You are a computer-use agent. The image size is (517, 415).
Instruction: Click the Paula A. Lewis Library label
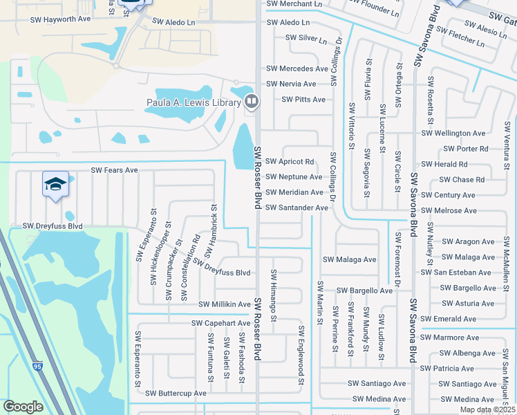[x=193, y=103]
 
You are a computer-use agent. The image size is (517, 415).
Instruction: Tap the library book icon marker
[x=252, y=102]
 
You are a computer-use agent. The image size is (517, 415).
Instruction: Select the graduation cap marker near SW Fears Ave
[x=55, y=184]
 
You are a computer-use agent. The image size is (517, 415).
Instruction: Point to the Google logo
[x=23, y=407]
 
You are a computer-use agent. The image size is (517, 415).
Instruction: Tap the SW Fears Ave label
[x=114, y=170]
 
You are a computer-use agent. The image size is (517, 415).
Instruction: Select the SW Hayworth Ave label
[x=60, y=20]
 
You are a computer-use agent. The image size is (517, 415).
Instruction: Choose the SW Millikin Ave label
[x=225, y=304]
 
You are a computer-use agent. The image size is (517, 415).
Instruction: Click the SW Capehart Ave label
[x=220, y=323]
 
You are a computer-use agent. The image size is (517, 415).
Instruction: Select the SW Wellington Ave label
[x=453, y=133]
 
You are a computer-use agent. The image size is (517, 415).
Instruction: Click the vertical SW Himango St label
[x=274, y=295]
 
